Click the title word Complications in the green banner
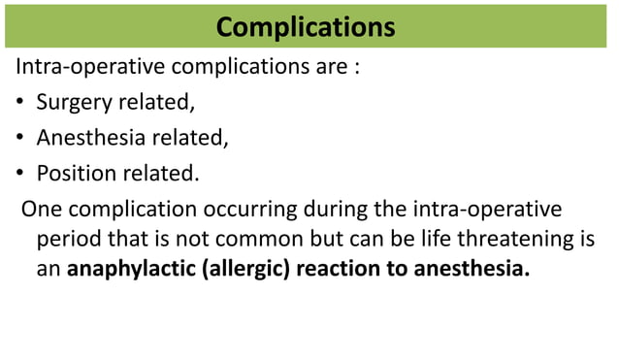pos(306,26)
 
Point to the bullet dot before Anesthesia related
pos(20,139)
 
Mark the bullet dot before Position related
pos(20,174)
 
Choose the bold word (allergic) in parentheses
pos(245,269)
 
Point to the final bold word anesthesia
pos(472,269)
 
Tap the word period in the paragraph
pos(67,239)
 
